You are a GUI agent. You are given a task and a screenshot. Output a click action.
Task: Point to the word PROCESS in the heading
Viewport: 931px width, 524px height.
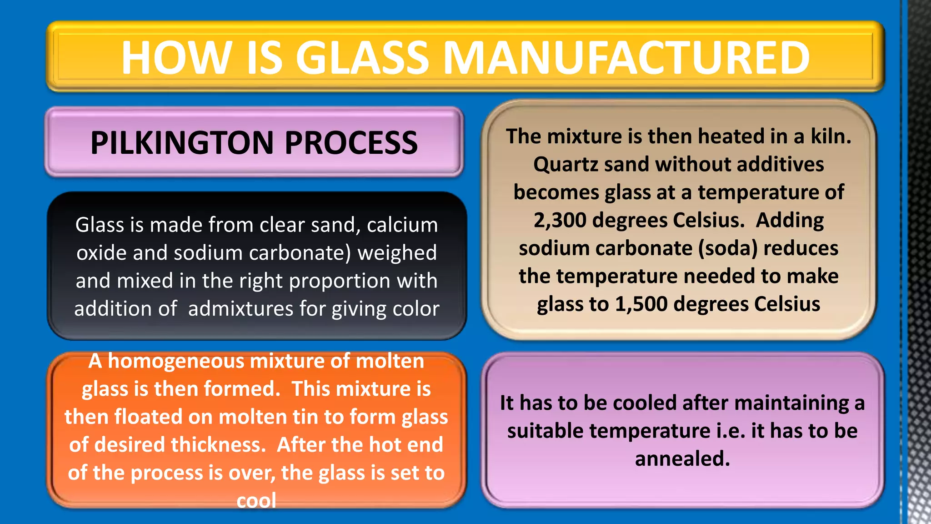click(x=351, y=143)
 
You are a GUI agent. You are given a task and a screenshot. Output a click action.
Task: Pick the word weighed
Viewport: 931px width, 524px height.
click(x=397, y=253)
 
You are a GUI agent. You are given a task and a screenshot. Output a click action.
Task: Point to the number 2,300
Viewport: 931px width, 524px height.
click(x=560, y=220)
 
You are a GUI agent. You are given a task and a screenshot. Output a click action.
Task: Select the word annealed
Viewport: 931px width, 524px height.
click(x=682, y=458)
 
